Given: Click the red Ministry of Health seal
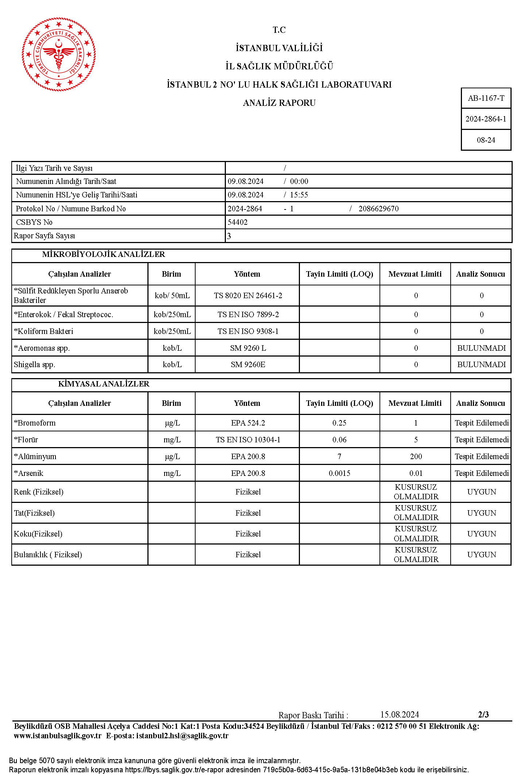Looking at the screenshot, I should pyautogui.click(x=59, y=54).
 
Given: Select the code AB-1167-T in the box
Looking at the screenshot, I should pyautogui.click(x=486, y=98).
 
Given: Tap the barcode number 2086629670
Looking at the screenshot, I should pyautogui.click(x=378, y=209).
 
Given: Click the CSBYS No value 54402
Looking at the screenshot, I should pyautogui.click(x=238, y=222).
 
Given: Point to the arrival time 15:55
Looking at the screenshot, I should pyautogui.click(x=299, y=195).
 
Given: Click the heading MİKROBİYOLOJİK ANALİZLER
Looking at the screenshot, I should pyautogui.click(x=104, y=254).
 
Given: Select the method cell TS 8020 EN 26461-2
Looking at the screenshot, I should pyautogui.click(x=248, y=296).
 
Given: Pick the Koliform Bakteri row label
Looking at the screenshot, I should pyautogui.click(x=44, y=331).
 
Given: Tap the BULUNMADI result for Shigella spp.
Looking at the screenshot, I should pyautogui.click(x=481, y=365).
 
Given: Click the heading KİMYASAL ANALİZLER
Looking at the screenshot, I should pyautogui.click(x=104, y=384).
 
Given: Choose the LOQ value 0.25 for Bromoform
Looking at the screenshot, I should pyautogui.click(x=339, y=423).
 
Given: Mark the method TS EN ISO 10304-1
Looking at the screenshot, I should pyautogui.click(x=248, y=440).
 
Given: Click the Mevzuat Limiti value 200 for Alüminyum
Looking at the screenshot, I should pyautogui.click(x=416, y=457).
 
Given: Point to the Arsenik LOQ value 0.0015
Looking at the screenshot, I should pyautogui.click(x=339, y=473).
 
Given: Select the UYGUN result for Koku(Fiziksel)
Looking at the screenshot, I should pyautogui.click(x=481, y=534).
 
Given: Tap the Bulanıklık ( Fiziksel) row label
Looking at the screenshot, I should pyautogui.click(x=48, y=555).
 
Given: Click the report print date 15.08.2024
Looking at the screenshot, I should pyautogui.click(x=400, y=715).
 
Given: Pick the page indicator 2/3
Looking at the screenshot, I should pyautogui.click(x=483, y=715).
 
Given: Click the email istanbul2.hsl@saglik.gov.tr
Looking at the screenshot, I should pyautogui.click(x=182, y=736).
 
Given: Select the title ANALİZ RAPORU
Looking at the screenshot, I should pyautogui.click(x=279, y=103).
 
